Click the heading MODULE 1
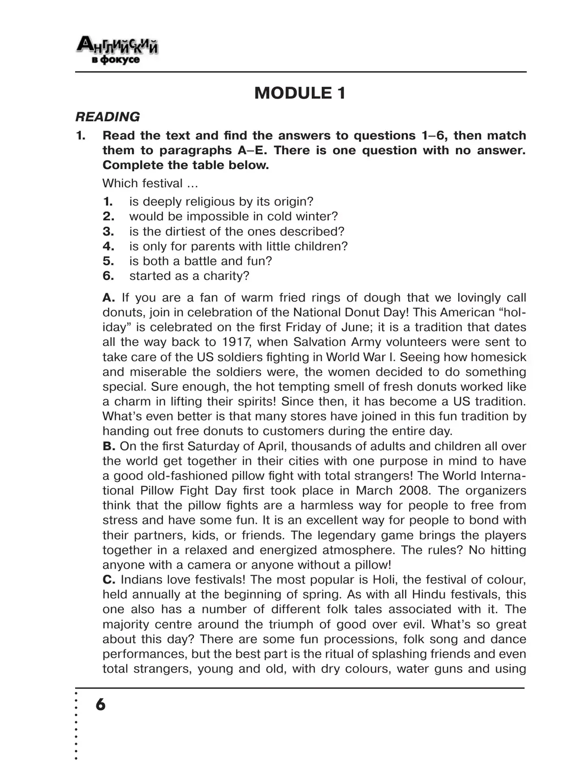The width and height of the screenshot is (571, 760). [300, 93]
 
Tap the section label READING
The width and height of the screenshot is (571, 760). [108, 117]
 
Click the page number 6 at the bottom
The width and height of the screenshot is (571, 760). [100, 704]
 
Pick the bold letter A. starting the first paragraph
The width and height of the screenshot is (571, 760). [109, 298]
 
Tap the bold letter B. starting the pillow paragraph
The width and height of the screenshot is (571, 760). [109, 446]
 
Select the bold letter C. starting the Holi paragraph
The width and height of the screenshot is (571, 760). [109, 580]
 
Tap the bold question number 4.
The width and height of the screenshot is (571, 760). [108, 246]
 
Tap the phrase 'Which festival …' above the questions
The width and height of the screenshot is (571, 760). [150, 183]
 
